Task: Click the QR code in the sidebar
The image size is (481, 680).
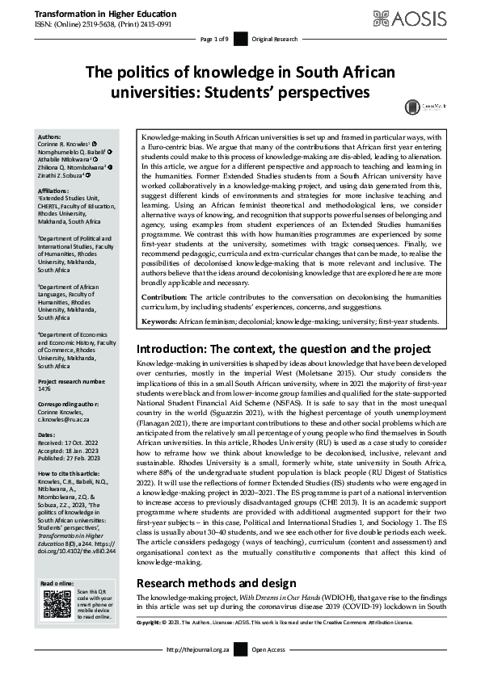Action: [x=57, y=604]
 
